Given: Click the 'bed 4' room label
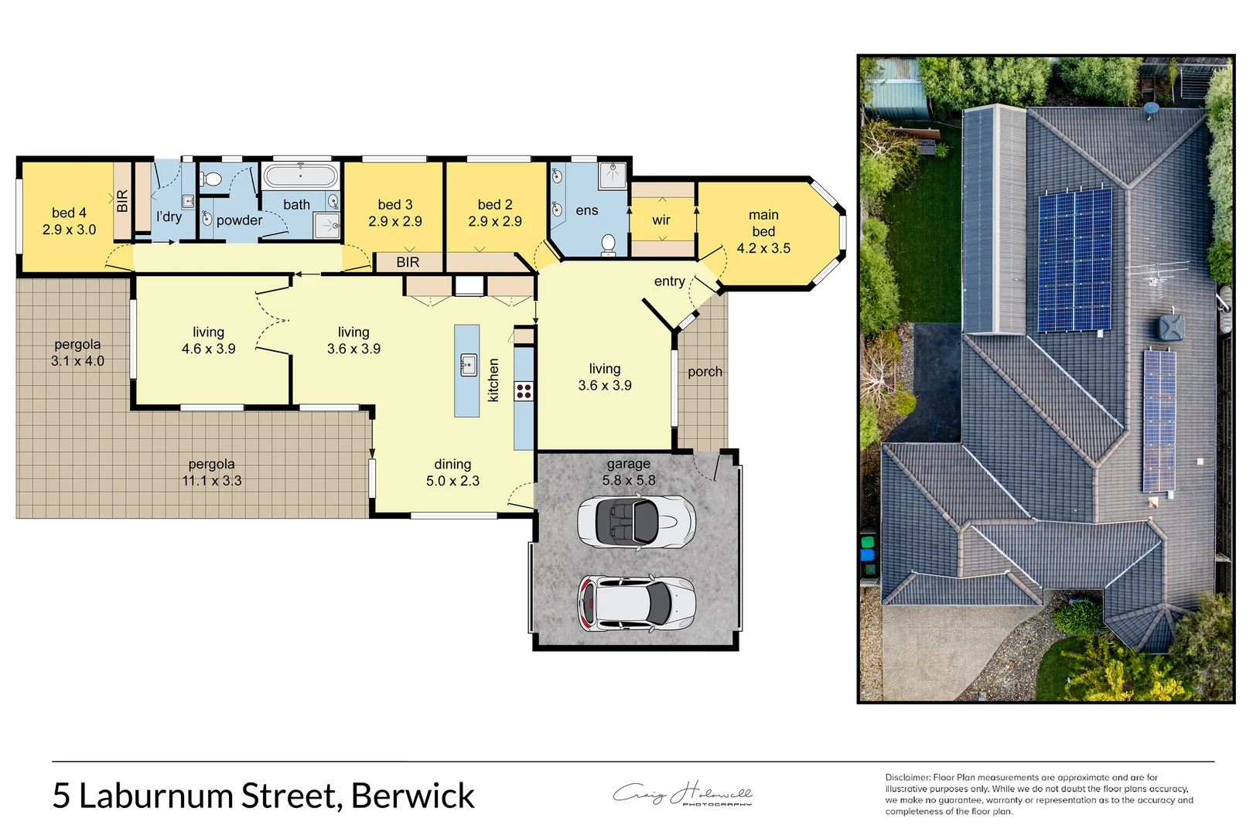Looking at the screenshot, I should (69, 213).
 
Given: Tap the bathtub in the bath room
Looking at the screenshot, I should (301, 176).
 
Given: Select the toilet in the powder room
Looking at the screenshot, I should (212, 179).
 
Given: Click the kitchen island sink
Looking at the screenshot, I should (468, 364).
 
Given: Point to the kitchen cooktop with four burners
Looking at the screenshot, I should (524, 390).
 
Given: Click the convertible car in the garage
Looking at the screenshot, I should (636, 523).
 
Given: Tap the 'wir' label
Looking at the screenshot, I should (661, 220).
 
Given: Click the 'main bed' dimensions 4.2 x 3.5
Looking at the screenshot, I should (763, 248).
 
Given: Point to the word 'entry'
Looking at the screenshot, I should (669, 281).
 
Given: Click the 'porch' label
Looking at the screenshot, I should (705, 372).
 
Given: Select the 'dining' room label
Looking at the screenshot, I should (452, 464).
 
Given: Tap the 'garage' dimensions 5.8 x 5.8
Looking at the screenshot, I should (629, 480).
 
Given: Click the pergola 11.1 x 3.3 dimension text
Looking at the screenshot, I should (212, 481).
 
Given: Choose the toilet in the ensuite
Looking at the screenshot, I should (608, 244).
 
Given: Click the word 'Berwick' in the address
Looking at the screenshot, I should (412, 796).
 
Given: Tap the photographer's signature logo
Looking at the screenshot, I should (682, 794).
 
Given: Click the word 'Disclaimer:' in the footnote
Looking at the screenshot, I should (907, 777).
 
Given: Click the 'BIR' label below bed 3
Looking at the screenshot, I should (408, 262).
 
